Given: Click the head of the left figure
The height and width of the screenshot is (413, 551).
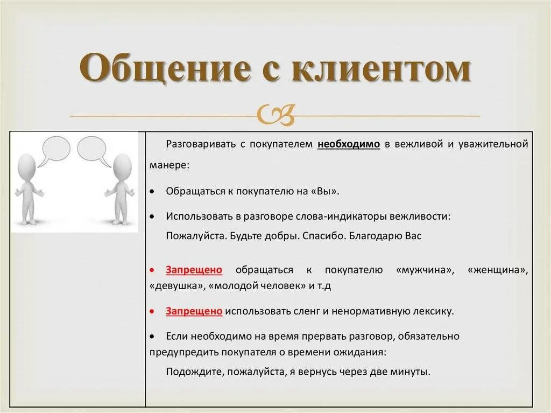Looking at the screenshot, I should (x=26, y=166).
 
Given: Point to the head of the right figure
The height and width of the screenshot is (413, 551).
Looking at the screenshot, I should (x=122, y=166).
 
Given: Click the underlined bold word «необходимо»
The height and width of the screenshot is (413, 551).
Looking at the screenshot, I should (x=349, y=144).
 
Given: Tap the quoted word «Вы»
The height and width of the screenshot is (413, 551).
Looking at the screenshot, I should (x=327, y=191).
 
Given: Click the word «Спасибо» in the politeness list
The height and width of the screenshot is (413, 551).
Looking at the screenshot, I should (x=322, y=236).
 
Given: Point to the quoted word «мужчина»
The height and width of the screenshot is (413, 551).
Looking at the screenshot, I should (x=425, y=270).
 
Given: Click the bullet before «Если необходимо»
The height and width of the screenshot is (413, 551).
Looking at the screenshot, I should (x=153, y=336).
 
